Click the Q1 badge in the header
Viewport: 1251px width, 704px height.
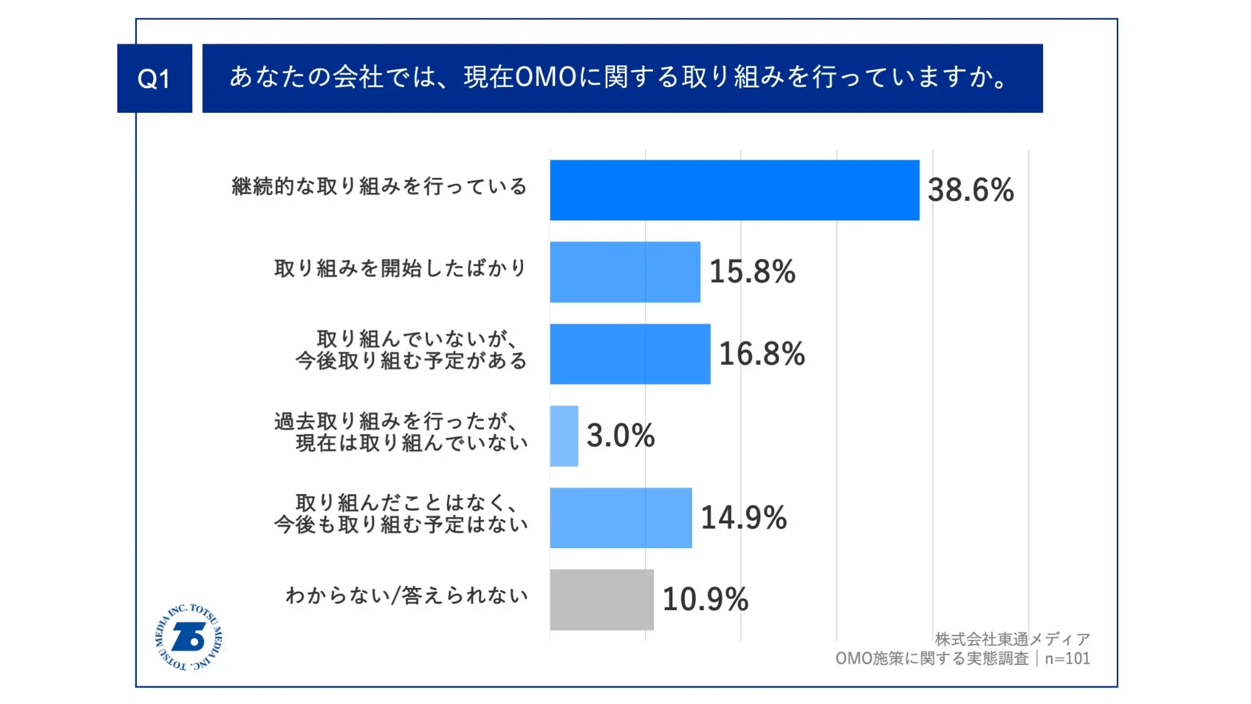tap(154, 78)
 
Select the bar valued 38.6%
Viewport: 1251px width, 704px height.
tap(734, 190)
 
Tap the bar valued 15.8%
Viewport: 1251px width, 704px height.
tap(625, 272)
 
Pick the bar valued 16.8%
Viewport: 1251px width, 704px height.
tap(630, 354)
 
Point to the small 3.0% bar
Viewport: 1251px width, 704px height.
tap(564, 436)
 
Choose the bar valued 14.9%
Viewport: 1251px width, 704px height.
tap(620, 518)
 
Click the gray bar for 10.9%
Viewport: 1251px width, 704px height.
tap(601, 600)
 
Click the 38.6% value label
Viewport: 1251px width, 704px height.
tap(970, 190)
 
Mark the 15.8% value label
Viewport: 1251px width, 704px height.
tap(752, 272)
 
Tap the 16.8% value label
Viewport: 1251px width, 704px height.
tap(762, 354)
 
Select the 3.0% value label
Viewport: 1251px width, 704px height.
tap(620, 436)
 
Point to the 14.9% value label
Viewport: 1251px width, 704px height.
tap(743, 518)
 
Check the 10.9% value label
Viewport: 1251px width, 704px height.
tap(705, 600)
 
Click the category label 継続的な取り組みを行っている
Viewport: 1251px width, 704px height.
tap(379, 187)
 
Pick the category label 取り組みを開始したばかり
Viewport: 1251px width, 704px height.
tap(400, 269)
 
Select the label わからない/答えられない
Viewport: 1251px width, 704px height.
tap(407, 596)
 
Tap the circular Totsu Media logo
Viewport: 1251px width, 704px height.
tap(189, 638)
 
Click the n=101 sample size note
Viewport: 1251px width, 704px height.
tap(1067, 658)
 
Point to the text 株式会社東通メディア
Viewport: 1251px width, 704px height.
tap(1012, 639)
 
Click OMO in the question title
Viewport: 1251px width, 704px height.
tap(546, 78)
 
